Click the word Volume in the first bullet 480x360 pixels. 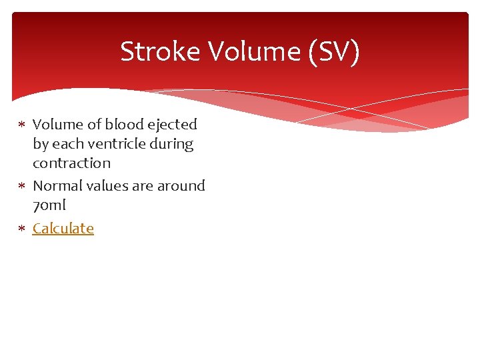click(57, 124)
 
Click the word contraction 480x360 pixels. click(71, 163)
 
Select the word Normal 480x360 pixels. click(58, 185)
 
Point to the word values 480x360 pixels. click(108, 185)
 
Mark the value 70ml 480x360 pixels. click(49, 205)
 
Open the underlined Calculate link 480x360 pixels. click(63, 228)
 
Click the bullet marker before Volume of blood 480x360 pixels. click(21, 125)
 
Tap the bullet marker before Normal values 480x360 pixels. click(21, 186)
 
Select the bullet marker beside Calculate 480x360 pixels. click(21, 229)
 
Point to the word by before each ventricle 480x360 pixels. click(40, 144)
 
